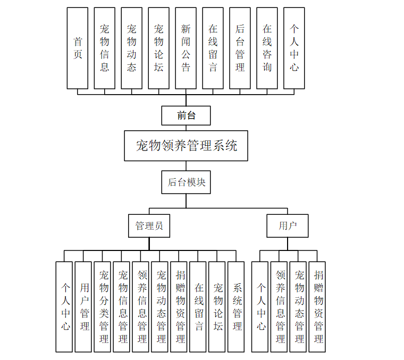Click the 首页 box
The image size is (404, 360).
78,48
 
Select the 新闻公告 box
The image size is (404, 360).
186,48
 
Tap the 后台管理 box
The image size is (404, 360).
240,48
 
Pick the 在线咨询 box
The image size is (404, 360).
267,48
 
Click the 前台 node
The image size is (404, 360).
186,115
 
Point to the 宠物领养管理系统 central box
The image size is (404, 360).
186,145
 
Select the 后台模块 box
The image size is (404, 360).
186,182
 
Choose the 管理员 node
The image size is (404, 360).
149,226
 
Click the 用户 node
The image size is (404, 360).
288,226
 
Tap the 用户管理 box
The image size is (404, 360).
83,306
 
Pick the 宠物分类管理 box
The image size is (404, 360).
103,306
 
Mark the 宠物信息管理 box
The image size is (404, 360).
122,306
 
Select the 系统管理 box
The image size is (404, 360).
236,306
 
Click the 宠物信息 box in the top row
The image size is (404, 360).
105,48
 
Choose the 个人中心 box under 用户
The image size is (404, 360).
260,306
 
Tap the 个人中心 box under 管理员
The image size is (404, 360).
64,306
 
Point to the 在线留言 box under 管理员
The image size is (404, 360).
198,306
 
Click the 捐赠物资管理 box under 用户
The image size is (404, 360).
317,306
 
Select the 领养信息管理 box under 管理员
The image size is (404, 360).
141,306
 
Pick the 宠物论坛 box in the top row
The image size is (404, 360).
158,48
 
